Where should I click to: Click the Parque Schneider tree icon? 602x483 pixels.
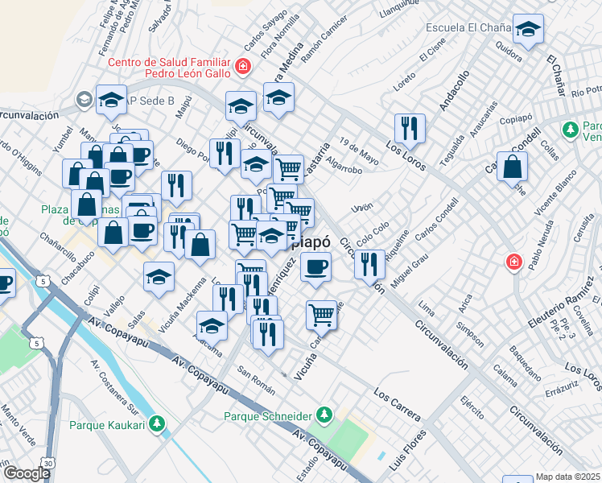[x=324, y=415]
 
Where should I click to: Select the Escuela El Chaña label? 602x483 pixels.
[x=469, y=27]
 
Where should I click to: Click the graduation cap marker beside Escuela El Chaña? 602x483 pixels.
[x=528, y=32]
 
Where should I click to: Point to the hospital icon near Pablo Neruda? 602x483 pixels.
[x=513, y=262]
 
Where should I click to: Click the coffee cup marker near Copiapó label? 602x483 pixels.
[x=315, y=266]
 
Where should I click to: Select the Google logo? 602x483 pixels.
[x=27, y=473]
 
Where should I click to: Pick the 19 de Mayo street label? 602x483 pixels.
[x=358, y=146]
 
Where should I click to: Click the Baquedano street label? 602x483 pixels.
[x=525, y=355]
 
